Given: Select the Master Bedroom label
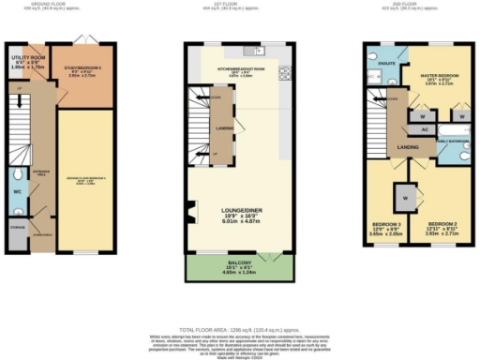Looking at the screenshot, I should point(434,81).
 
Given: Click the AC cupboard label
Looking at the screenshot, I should point(424,128).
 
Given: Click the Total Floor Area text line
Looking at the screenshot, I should point(239,307).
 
